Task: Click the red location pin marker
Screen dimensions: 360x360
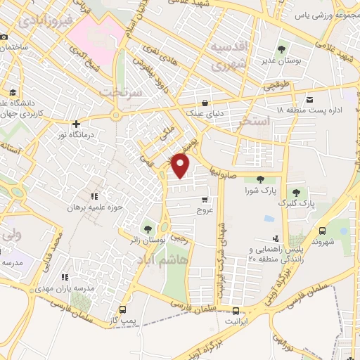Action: point(181,165)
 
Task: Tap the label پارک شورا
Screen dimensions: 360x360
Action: point(258,190)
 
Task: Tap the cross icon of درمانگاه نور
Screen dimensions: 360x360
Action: point(76,124)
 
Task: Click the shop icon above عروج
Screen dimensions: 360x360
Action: point(205,200)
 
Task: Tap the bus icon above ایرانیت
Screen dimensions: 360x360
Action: point(236,311)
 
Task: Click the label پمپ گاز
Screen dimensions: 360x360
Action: point(124,321)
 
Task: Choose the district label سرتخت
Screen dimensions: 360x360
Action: point(121,92)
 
